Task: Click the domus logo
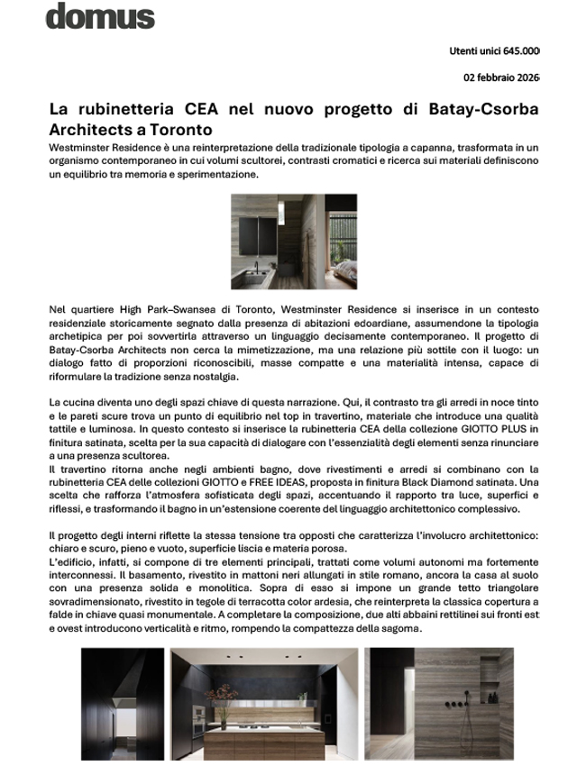(x=100, y=15)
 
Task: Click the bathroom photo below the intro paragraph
(x=294, y=241)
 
